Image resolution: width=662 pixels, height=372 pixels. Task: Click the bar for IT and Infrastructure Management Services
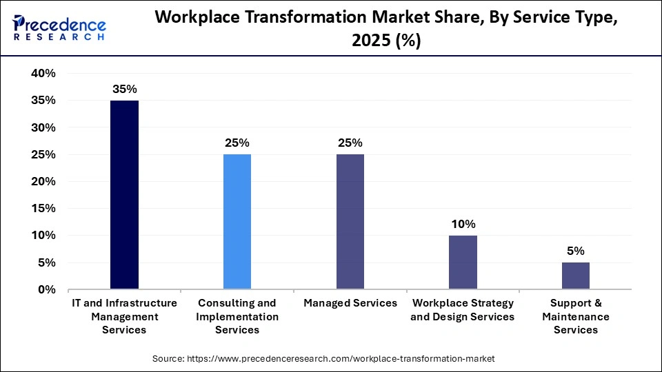(x=124, y=195)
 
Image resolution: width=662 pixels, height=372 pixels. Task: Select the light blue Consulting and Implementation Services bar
(x=237, y=222)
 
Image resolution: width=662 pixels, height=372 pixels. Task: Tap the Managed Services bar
(x=350, y=222)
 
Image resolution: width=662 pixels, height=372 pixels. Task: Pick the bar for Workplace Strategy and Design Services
(x=463, y=262)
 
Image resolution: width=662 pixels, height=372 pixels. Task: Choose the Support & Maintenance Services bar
(x=576, y=276)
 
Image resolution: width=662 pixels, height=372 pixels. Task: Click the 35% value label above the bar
(x=124, y=89)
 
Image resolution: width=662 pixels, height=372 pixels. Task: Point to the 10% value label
(x=463, y=224)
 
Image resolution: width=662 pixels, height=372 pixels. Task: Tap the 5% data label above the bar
(x=576, y=251)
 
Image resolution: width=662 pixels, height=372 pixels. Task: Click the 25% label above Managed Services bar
(x=350, y=143)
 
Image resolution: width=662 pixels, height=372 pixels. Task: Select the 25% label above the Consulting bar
(x=237, y=143)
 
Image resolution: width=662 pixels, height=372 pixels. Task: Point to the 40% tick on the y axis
(x=43, y=74)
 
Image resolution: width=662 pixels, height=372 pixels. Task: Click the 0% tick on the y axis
(x=47, y=290)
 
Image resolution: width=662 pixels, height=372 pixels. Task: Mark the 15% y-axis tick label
(x=43, y=209)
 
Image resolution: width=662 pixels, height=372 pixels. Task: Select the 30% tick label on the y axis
(x=43, y=127)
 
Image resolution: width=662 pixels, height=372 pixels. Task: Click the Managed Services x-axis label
(x=350, y=303)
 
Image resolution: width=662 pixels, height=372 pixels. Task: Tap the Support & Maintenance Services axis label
(x=576, y=316)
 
